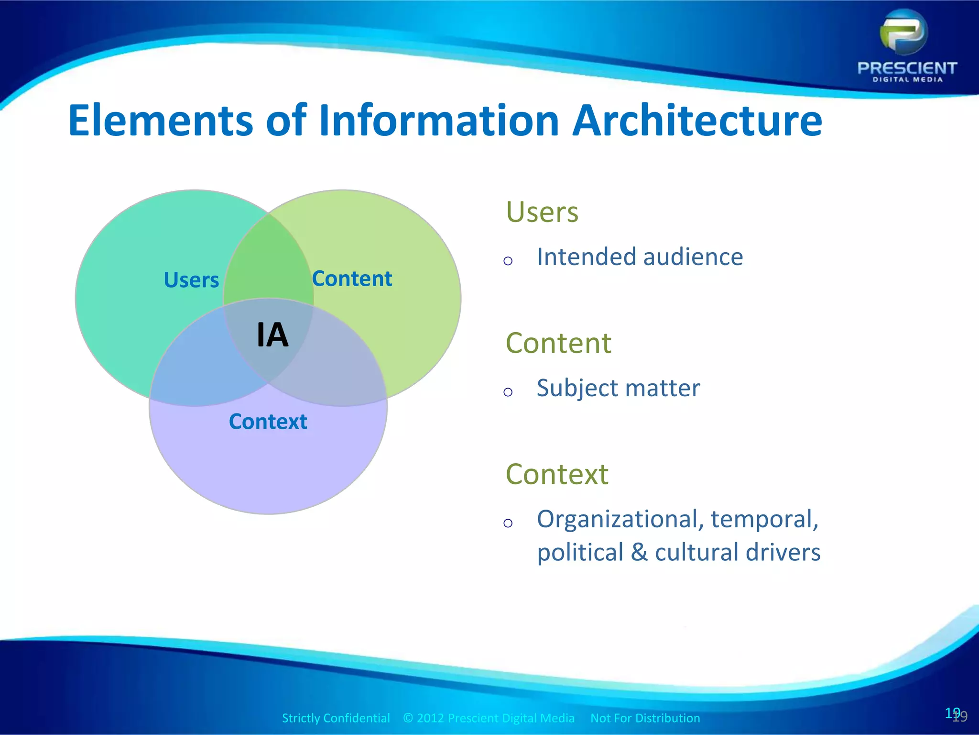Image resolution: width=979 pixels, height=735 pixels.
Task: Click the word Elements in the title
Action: coord(160,121)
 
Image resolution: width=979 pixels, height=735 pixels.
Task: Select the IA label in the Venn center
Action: coord(272,335)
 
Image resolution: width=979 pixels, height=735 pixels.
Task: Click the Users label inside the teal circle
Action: coord(191,280)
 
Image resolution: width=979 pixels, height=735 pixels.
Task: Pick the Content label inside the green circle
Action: coord(352,279)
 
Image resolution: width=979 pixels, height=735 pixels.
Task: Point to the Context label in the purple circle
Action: coord(268,422)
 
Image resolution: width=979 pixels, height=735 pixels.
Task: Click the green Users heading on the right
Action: coord(542,212)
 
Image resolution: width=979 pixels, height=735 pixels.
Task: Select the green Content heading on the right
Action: coord(558,343)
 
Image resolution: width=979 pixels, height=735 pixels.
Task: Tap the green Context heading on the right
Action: coord(557,474)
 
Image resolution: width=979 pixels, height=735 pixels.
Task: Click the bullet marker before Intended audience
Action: coord(508,261)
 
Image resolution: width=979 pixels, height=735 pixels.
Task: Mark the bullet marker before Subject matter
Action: coord(508,392)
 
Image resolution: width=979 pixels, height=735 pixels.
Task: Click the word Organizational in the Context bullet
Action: coord(620,520)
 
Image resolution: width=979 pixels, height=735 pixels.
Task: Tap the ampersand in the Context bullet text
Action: coord(639,553)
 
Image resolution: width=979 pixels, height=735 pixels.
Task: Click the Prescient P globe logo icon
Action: coord(903,33)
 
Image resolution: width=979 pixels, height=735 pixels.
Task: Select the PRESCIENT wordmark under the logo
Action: coord(907,68)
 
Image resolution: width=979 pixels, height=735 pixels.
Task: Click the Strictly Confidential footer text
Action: coord(336,718)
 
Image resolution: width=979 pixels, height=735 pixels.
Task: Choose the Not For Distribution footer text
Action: coord(645,718)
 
